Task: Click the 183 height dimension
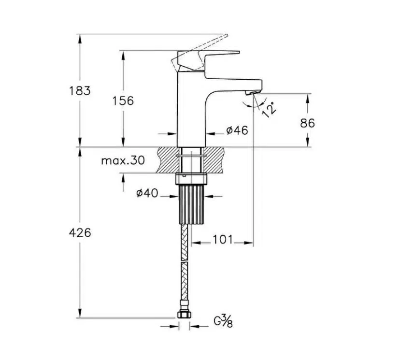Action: (x=80, y=91)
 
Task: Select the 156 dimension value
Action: (x=123, y=101)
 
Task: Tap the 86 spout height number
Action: (x=307, y=123)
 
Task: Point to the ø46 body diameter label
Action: (x=237, y=130)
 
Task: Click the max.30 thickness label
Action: (x=123, y=161)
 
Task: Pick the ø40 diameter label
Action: (x=147, y=193)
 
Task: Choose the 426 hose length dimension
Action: (x=80, y=233)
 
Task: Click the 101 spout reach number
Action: (x=223, y=240)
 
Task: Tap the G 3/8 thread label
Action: (x=223, y=321)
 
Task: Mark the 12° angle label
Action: (x=269, y=110)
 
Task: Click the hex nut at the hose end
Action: (x=184, y=315)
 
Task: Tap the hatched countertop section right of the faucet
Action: (x=215, y=160)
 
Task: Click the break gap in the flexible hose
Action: (x=184, y=261)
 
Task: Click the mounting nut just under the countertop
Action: (x=191, y=178)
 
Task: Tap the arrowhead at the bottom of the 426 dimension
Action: (x=80, y=313)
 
